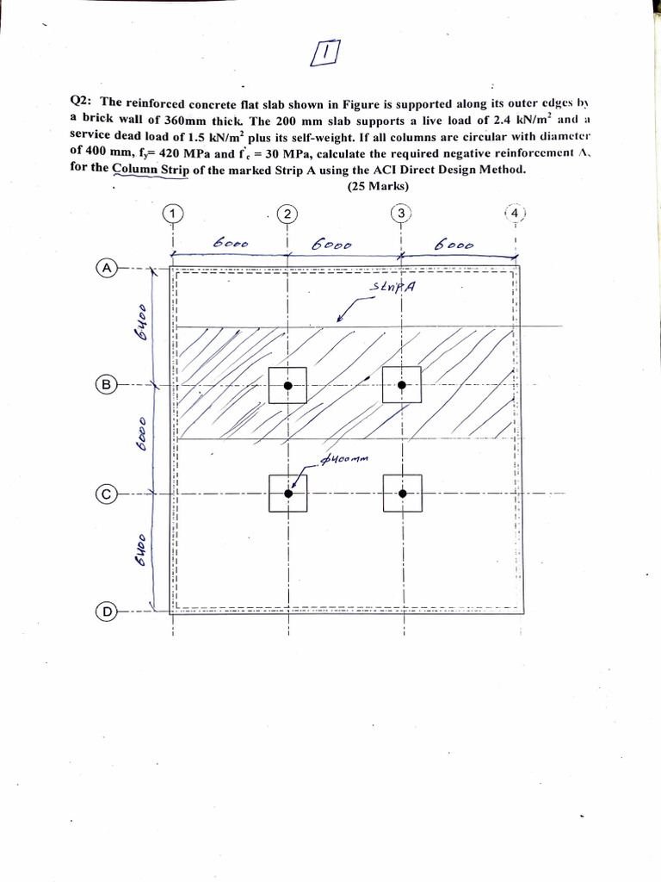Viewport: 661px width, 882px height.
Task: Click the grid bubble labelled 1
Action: point(173,213)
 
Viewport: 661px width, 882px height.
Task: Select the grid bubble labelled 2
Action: point(287,213)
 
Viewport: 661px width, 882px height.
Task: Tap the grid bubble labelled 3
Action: point(401,213)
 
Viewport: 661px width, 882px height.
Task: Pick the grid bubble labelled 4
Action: point(515,213)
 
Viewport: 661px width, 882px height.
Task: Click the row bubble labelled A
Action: point(108,268)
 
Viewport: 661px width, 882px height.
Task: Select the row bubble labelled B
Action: point(108,385)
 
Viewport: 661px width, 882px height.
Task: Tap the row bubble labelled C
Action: point(108,494)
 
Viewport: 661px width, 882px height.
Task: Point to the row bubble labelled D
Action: point(108,612)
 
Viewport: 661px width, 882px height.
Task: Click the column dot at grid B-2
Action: point(288,385)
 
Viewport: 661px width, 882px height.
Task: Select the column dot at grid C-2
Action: point(288,494)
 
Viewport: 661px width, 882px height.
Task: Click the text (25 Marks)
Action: point(377,186)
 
